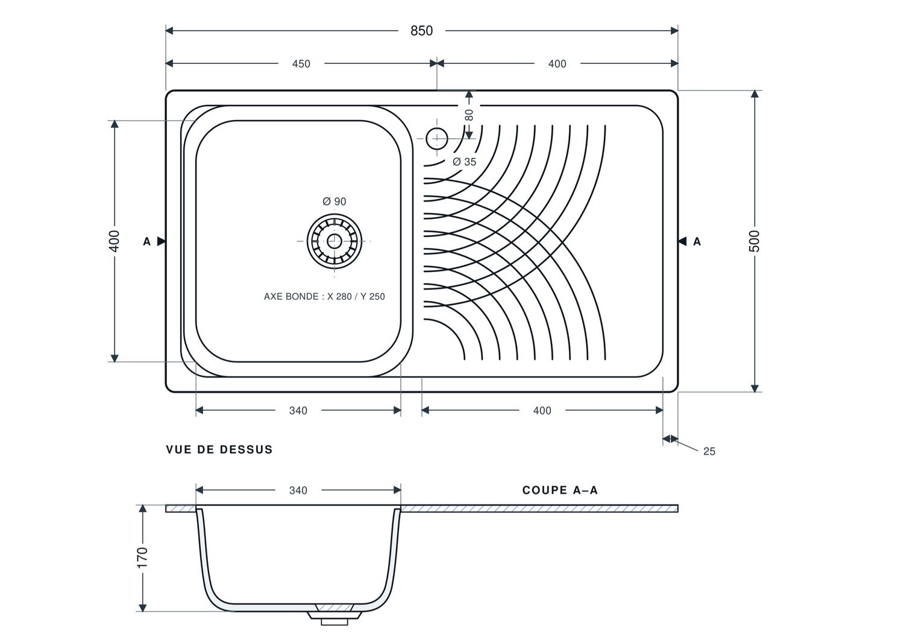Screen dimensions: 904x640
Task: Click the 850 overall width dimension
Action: point(421,31)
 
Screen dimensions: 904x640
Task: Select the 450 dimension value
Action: point(301,64)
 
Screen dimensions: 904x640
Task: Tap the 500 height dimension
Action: point(754,241)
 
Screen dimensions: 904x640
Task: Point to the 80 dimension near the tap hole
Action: point(469,115)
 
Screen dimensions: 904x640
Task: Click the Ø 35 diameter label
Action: point(464,162)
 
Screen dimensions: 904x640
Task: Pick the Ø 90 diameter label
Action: point(334,201)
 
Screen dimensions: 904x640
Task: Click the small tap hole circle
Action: point(437,139)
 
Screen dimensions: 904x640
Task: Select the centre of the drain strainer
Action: point(334,241)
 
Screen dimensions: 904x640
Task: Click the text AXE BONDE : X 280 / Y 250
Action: point(324,297)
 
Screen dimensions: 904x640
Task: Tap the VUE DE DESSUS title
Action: point(219,450)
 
